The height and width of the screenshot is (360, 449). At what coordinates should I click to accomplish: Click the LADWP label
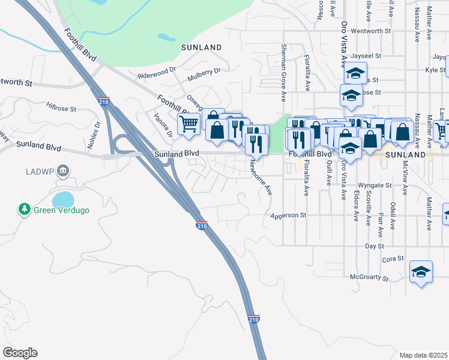[x=40, y=172]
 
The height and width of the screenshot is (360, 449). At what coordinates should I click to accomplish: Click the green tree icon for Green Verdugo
[x=24, y=209]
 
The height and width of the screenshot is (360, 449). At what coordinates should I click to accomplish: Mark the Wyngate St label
[x=374, y=185]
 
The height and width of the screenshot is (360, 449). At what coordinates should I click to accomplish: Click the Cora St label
[x=393, y=259]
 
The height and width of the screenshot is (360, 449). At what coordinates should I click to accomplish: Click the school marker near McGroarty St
[x=421, y=271]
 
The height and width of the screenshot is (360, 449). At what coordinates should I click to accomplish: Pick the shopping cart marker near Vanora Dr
[x=188, y=124]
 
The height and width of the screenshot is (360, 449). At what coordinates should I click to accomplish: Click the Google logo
[x=20, y=353]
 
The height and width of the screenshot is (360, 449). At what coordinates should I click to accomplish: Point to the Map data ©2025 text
[x=424, y=355]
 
